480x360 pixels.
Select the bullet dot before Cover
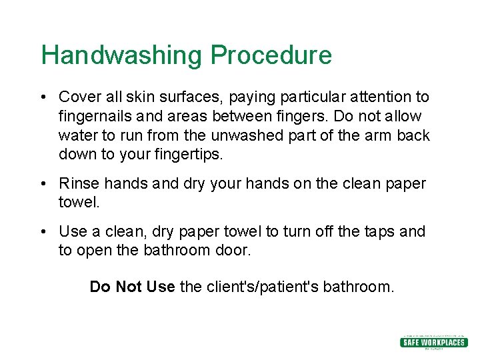tap(42, 97)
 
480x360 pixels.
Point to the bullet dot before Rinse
tap(42, 183)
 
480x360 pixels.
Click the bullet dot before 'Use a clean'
tap(42, 231)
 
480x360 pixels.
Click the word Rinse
tap(78, 183)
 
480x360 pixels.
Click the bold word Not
tap(129, 287)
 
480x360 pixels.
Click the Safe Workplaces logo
tap(433, 342)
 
